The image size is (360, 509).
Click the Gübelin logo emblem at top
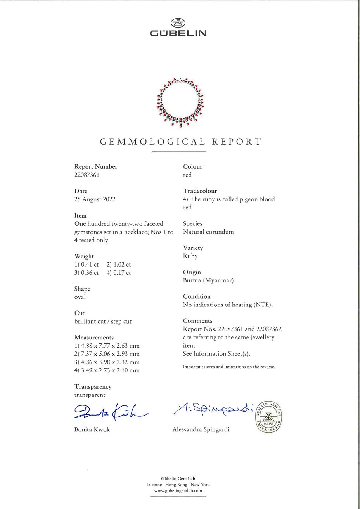[x=178, y=23]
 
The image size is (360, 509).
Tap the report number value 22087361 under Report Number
[x=87, y=175]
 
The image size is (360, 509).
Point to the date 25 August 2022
[x=95, y=199]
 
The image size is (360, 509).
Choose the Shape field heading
[x=82, y=289]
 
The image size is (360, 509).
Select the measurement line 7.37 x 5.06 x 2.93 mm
[x=107, y=354]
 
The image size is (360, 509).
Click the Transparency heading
[x=93, y=387]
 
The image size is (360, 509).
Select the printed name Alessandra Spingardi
[x=201, y=430]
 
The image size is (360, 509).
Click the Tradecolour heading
[x=200, y=191]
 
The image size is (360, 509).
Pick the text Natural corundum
[x=208, y=232]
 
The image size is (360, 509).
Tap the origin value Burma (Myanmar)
[x=208, y=280]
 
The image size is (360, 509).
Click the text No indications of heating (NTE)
[x=228, y=305]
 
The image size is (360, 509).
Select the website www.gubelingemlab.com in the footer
[x=178, y=490]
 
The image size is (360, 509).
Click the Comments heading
[x=198, y=321]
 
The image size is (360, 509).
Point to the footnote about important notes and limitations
[x=229, y=367]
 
